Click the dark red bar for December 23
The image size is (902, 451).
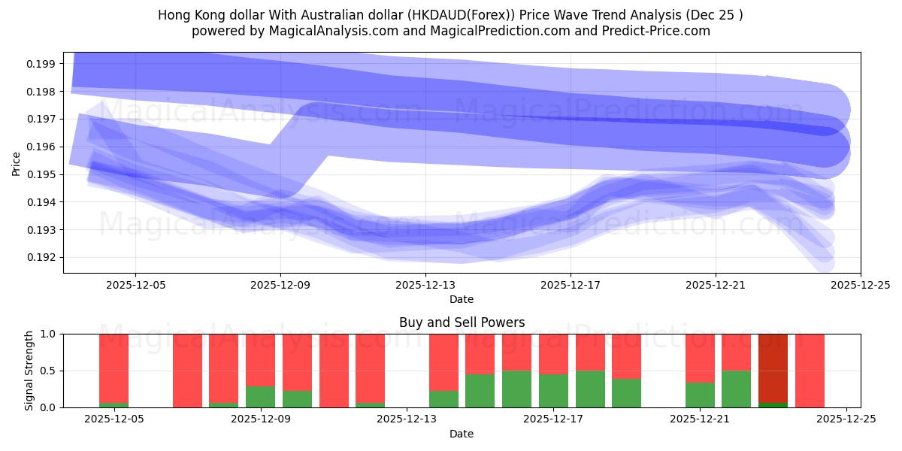click(773, 368)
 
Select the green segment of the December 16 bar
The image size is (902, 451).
click(517, 389)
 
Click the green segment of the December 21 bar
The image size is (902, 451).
click(700, 395)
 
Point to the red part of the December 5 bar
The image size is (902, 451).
click(114, 368)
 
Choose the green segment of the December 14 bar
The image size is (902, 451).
click(443, 398)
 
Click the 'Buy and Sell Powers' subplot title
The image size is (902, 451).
click(462, 323)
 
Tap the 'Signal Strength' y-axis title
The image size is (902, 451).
click(29, 371)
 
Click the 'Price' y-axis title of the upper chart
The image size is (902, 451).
click(17, 162)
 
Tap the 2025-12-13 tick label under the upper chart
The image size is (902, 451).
click(425, 286)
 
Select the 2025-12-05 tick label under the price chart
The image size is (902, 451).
click(135, 286)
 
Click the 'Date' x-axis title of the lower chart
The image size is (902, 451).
click(462, 434)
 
